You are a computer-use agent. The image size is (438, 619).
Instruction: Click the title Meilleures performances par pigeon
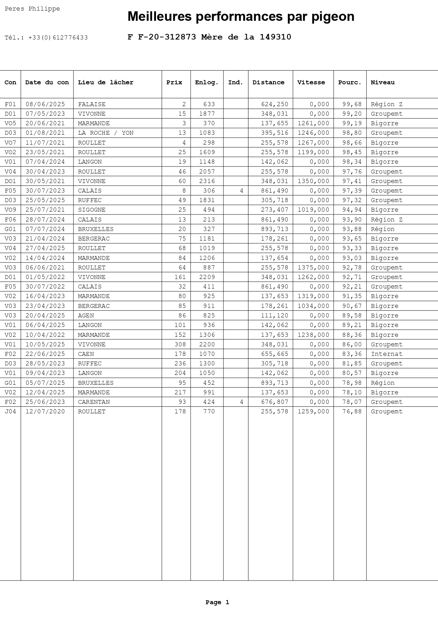point(241,17)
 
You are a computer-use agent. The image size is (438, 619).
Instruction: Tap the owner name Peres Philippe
point(32,9)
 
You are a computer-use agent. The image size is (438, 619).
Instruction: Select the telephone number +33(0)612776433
point(58,38)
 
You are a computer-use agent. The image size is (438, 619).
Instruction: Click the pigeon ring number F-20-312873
point(167,37)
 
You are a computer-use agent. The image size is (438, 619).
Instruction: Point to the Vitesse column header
point(311,83)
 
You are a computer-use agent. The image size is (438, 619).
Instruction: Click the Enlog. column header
point(206,83)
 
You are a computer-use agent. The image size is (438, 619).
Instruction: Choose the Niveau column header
point(383,83)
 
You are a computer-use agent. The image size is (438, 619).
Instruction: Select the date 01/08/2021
point(45,133)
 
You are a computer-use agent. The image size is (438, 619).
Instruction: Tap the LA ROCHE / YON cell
point(106,133)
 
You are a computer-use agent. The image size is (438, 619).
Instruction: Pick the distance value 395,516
point(275,133)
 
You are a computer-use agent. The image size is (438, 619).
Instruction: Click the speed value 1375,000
point(313,268)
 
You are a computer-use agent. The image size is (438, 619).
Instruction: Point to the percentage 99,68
point(352,104)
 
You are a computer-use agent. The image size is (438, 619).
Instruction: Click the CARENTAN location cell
point(94,402)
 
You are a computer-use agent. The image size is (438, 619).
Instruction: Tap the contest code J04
point(10,412)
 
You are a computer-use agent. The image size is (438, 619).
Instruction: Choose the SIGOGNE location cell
point(92,210)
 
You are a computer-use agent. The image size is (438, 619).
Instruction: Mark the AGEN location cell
point(86,316)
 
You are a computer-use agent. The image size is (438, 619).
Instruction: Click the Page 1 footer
point(217,602)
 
